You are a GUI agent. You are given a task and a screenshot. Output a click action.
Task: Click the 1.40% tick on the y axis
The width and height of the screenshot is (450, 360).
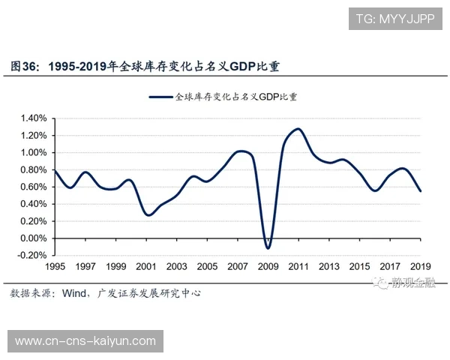pos(34,118)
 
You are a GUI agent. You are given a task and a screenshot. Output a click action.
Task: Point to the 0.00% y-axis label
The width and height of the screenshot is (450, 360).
pos(34,238)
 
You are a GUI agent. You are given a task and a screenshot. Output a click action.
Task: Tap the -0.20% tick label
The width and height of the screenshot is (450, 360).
pos(32,255)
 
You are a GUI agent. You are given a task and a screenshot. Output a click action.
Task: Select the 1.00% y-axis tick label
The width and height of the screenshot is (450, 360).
pos(34,152)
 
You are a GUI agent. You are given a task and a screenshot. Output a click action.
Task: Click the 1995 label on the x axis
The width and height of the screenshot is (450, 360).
pos(55,266)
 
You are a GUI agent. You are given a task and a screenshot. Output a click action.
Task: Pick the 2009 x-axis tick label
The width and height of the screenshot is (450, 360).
pos(268,266)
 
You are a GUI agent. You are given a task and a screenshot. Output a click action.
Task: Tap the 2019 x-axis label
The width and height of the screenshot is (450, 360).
pos(420,266)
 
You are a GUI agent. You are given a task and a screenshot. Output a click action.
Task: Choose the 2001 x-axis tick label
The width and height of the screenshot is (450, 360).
pos(146,266)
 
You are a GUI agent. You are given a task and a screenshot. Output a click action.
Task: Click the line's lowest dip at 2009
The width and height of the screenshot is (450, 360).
pos(268,247)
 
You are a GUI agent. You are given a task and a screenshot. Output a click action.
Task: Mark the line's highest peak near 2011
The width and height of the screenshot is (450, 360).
pos(298,129)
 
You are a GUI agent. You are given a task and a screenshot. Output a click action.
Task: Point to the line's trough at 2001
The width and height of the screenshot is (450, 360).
pos(148,215)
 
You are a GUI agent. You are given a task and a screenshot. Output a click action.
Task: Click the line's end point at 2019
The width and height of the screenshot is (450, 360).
pos(420,191)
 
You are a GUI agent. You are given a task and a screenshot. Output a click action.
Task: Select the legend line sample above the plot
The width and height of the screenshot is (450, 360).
pos(160,97)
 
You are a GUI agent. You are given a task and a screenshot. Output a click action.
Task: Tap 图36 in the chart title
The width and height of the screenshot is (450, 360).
pos(25,67)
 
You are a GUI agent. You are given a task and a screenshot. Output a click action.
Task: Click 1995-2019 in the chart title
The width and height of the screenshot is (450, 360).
pos(78,67)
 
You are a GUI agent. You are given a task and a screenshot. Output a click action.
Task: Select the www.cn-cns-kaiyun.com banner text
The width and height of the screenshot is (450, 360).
pos(85,341)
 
